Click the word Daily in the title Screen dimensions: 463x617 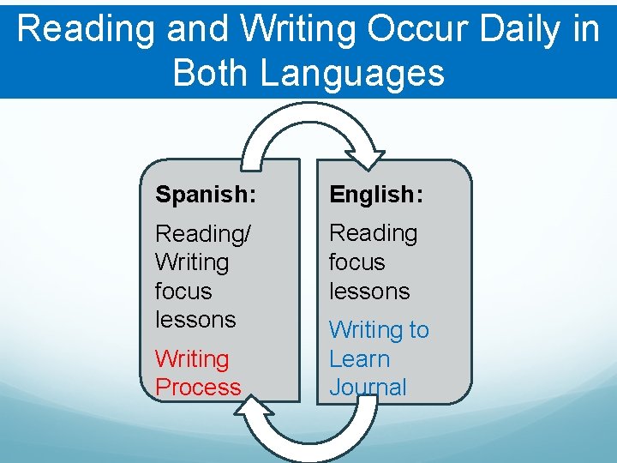click(x=519, y=29)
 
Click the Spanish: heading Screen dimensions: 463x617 click(x=205, y=195)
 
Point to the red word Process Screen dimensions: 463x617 click(x=198, y=387)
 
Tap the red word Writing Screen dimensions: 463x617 click(x=192, y=358)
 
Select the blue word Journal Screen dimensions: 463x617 click(x=368, y=387)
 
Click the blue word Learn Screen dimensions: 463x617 click(x=359, y=358)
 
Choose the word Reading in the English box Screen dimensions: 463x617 click(x=373, y=232)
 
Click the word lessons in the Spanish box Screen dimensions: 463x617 click(x=195, y=320)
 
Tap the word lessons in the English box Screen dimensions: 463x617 click(x=369, y=291)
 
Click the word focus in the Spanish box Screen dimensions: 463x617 click(x=183, y=291)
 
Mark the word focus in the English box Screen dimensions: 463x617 click(x=357, y=262)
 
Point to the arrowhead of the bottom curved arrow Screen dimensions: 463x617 click(x=250, y=413)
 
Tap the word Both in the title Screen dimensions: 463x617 click(x=212, y=72)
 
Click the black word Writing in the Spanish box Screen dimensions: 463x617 click(x=192, y=262)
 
